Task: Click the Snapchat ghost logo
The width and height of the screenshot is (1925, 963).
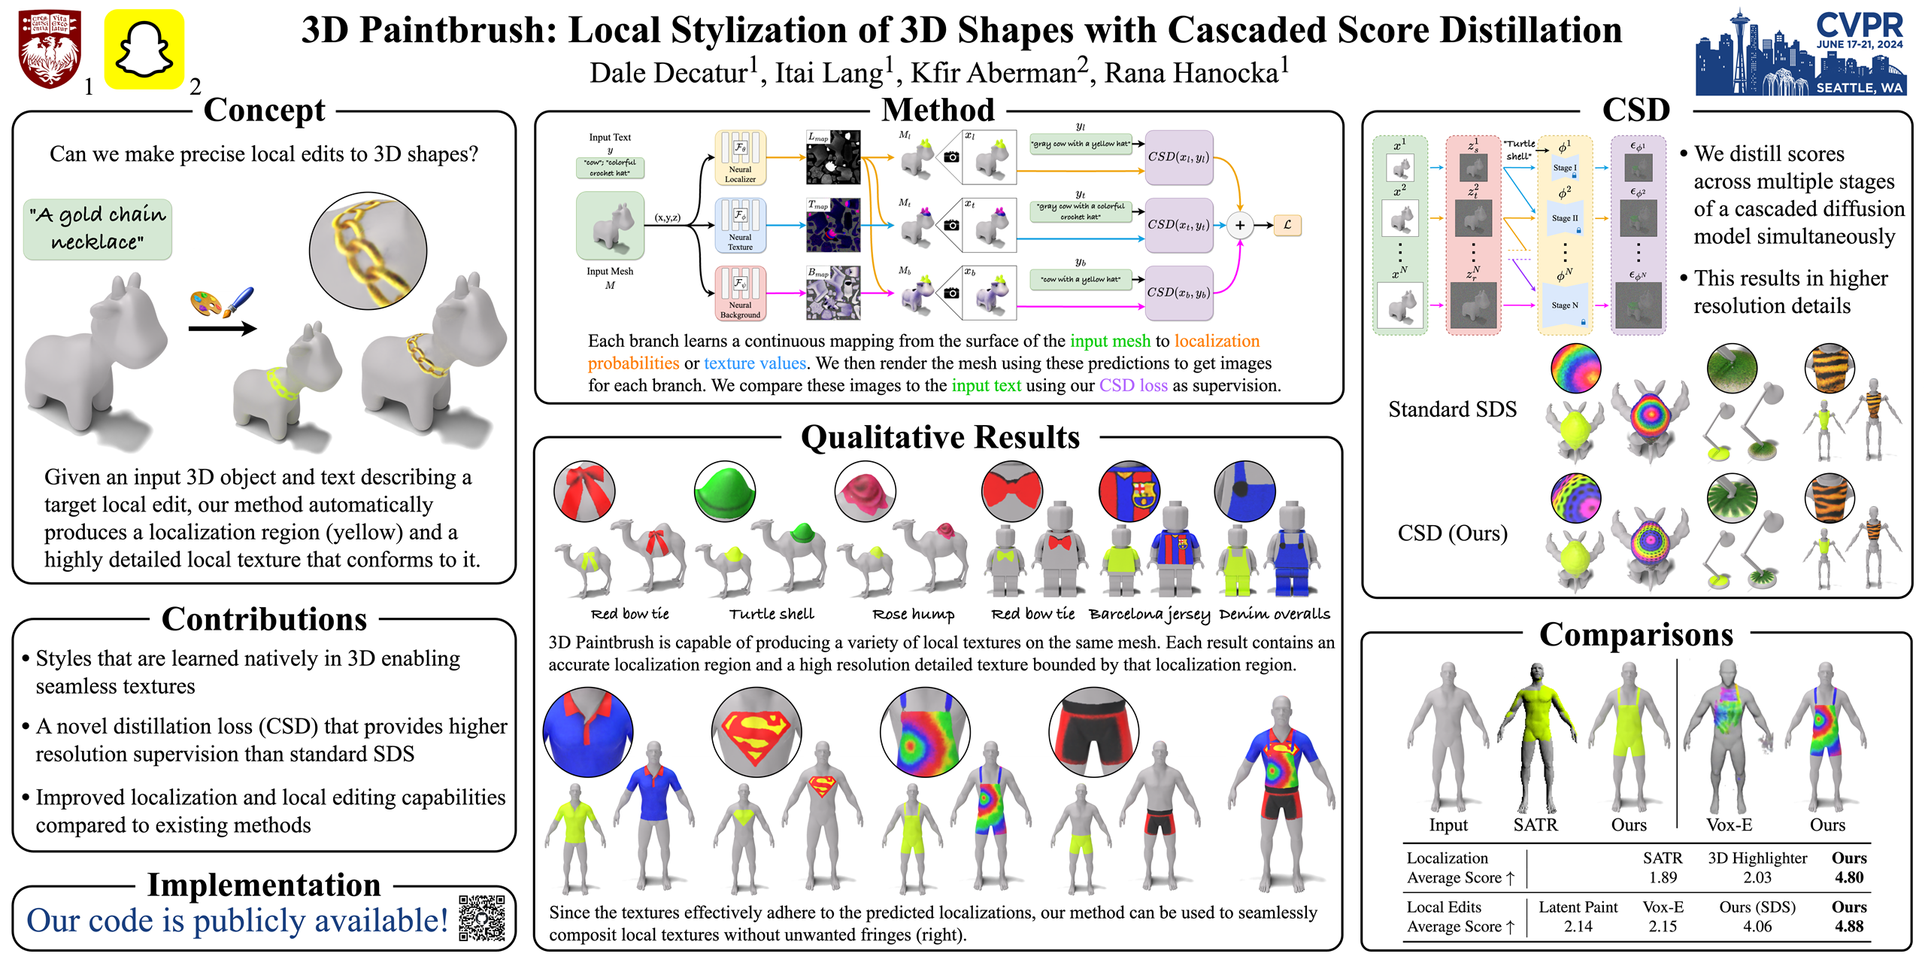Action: (x=144, y=50)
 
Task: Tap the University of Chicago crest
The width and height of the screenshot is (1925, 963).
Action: (x=50, y=50)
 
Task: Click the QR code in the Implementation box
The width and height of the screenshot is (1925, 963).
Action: (x=481, y=917)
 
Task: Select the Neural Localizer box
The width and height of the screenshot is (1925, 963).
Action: (x=740, y=158)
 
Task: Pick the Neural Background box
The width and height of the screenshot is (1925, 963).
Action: (x=740, y=293)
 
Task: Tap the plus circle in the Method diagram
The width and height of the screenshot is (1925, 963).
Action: (x=1239, y=225)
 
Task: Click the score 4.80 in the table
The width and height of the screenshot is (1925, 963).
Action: (x=1848, y=877)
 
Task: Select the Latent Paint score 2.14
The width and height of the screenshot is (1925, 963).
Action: (x=1578, y=926)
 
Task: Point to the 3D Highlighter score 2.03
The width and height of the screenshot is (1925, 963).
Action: (x=1757, y=877)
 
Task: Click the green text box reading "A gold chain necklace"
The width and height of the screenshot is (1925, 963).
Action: (x=98, y=229)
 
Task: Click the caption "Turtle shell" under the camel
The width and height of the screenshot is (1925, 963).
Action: (x=772, y=614)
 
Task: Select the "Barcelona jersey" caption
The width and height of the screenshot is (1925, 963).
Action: (x=1149, y=614)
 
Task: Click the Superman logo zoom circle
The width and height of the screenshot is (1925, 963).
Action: (x=756, y=731)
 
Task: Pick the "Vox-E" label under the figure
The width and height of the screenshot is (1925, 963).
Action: (x=1729, y=825)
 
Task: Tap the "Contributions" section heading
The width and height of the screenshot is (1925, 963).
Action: (x=264, y=619)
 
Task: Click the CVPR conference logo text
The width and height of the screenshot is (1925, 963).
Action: (x=1859, y=26)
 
